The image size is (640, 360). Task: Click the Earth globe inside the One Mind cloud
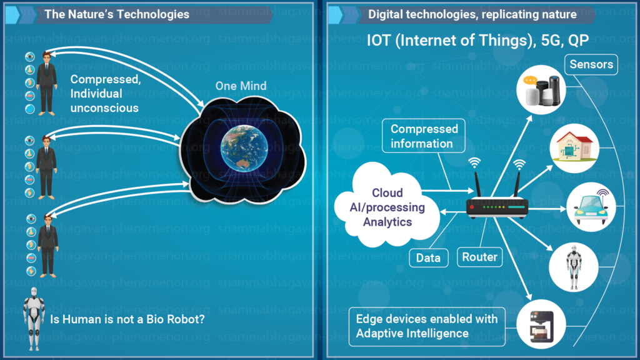pyautogui.click(x=244, y=148)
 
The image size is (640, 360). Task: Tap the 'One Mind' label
pyautogui.click(x=241, y=86)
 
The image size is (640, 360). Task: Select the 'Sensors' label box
pyautogui.click(x=591, y=64)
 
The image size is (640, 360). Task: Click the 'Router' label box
pyautogui.click(x=479, y=257)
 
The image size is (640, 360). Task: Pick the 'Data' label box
pyautogui.click(x=429, y=258)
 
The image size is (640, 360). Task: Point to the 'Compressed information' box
pyautogui.click(x=424, y=136)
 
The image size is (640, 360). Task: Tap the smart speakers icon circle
pyautogui.click(x=541, y=90)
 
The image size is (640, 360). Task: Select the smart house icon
pyautogui.click(x=574, y=148)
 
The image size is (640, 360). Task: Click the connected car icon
pyautogui.click(x=591, y=207)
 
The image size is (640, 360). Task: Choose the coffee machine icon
pyautogui.click(x=541, y=324)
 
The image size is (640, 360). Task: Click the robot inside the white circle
pyautogui.click(x=574, y=267)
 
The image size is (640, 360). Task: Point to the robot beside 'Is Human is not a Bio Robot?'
pyautogui.click(x=34, y=319)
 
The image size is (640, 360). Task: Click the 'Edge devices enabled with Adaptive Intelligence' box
pyautogui.click(x=427, y=326)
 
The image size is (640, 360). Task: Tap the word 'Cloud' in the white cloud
pyautogui.click(x=387, y=192)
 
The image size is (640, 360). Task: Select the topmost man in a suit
pyautogui.click(x=46, y=84)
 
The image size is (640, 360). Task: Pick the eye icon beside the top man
pyautogui.click(x=30, y=56)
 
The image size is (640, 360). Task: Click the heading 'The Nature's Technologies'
pyautogui.click(x=117, y=14)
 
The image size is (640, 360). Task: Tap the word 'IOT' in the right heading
pyautogui.click(x=379, y=41)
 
